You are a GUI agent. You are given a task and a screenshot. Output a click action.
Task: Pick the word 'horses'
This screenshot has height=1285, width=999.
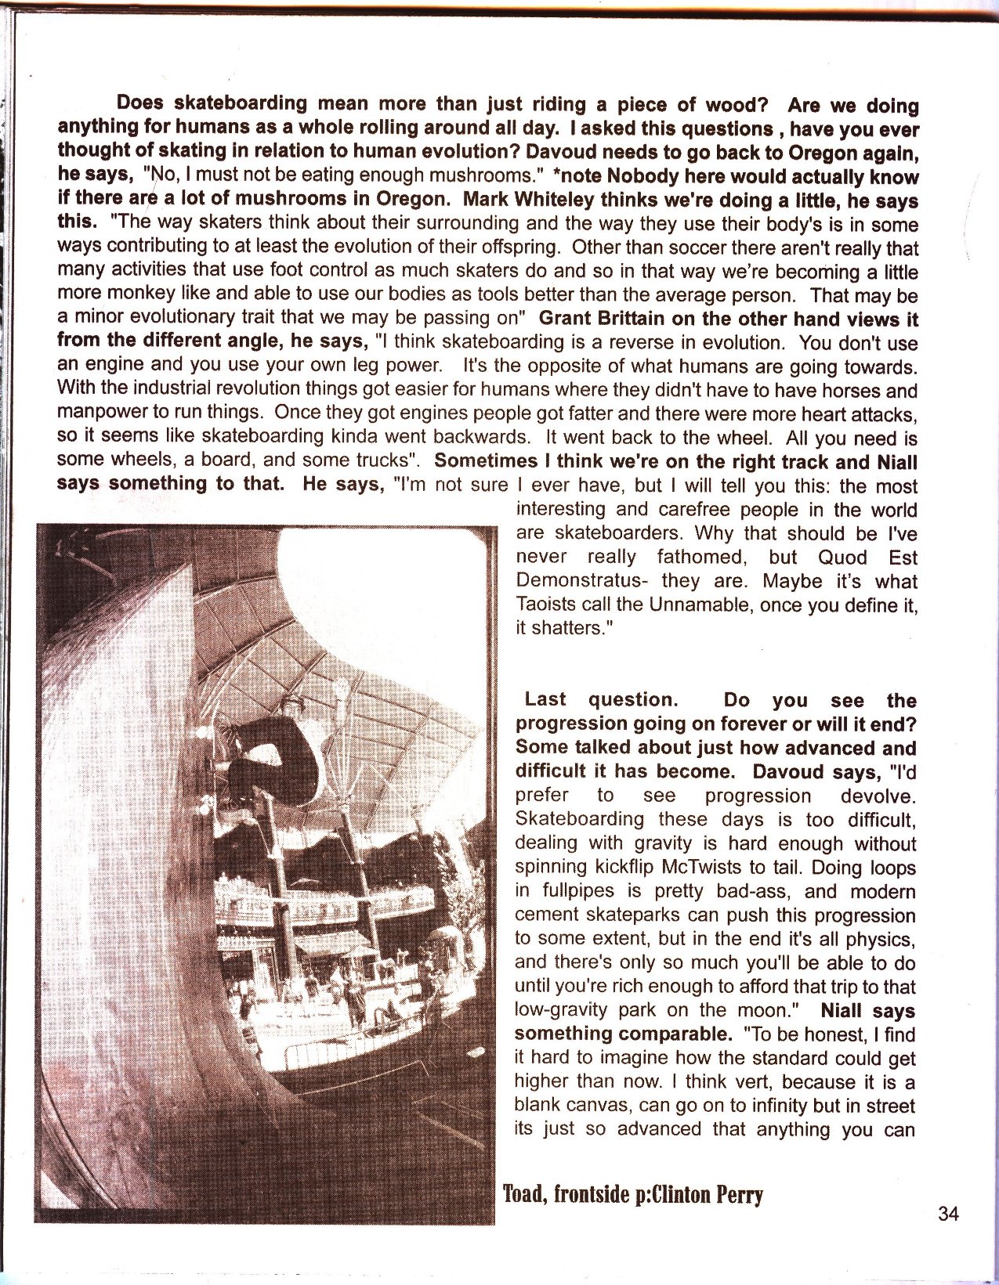849,391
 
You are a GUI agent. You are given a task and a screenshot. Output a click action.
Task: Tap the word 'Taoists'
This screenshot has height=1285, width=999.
545,605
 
